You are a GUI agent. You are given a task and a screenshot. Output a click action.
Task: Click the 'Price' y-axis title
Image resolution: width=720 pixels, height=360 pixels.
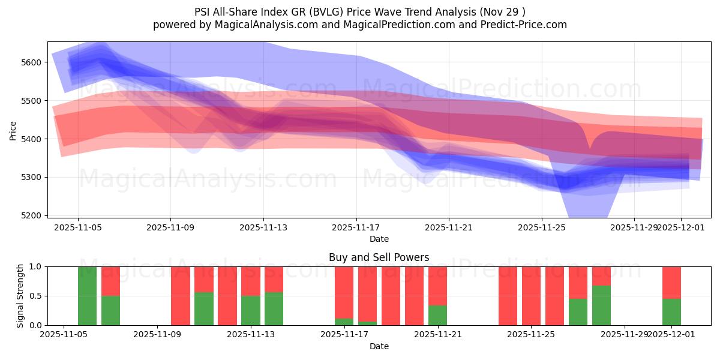(13, 130)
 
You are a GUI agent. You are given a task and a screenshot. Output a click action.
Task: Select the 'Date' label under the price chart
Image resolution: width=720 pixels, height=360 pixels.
(379, 239)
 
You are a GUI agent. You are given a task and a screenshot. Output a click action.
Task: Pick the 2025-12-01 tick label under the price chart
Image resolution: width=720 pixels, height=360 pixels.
(680, 227)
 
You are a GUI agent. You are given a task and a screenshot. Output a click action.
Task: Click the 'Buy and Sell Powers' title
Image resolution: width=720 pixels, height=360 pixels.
(379, 257)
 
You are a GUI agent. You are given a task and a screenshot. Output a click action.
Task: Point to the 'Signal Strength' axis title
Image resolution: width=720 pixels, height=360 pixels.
(20, 296)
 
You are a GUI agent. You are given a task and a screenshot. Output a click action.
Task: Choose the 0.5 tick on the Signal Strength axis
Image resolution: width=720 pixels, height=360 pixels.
(35, 296)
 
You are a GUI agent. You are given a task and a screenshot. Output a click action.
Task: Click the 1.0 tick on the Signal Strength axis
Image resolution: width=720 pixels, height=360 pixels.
(35, 266)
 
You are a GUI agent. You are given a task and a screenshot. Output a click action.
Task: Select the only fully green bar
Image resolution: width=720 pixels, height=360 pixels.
(87, 296)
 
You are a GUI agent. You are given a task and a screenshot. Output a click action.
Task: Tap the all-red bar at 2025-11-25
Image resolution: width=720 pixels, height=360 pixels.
(531, 296)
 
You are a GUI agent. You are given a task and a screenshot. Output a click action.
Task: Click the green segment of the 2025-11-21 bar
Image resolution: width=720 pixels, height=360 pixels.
(437, 316)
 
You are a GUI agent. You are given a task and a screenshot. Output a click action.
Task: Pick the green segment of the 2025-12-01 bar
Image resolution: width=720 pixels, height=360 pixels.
(671, 312)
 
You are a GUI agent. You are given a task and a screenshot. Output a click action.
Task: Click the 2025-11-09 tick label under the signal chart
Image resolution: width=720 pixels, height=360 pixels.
(157, 335)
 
